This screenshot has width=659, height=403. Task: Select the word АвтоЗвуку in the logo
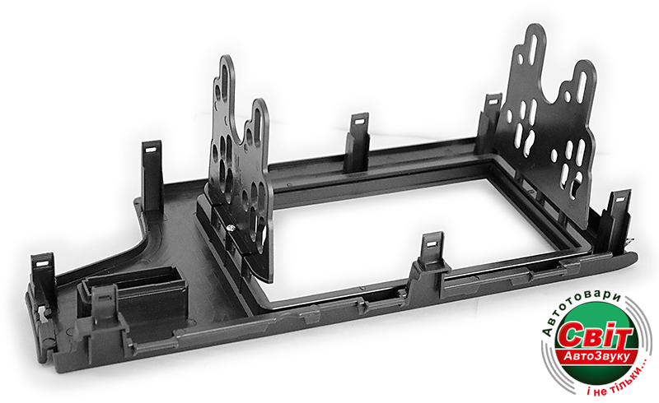point(596,357)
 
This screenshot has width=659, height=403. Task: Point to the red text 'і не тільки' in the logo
point(618,381)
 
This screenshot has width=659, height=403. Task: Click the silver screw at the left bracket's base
point(231,228)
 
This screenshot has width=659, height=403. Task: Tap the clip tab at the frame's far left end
point(44,273)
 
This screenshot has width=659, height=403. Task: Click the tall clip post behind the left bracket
point(152,176)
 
